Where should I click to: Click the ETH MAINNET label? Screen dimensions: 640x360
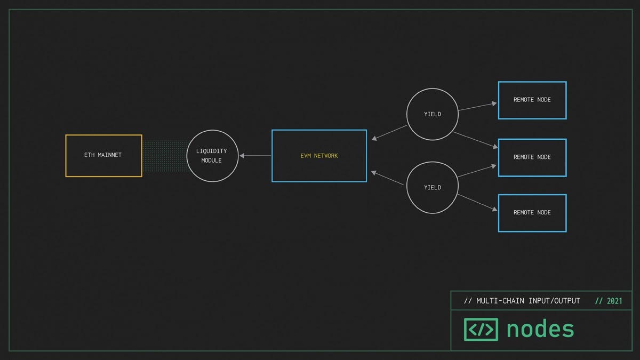point(103,155)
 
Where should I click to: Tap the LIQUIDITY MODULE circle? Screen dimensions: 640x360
point(187,156)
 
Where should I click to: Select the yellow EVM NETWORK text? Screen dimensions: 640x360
point(319,156)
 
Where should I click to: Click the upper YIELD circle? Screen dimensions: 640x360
point(407,114)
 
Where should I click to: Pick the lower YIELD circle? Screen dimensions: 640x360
point(407,188)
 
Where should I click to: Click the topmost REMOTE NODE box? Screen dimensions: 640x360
point(499,100)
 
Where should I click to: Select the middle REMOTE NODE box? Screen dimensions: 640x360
point(499,158)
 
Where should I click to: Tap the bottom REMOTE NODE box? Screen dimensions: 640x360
point(499,213)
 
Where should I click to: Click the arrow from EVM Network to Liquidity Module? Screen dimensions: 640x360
point(255,156)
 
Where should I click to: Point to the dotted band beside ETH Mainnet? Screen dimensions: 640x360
point(165,156)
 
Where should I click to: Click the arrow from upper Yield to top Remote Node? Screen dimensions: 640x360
point(478,107)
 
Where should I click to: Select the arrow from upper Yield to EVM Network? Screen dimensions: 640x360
point(389,133)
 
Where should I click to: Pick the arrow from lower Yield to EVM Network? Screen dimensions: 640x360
point(387,178)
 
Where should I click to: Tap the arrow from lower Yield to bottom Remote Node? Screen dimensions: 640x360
point(477,203)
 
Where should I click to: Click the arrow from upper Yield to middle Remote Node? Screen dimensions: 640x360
point(476,140)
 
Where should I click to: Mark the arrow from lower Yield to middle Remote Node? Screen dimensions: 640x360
point(477,171)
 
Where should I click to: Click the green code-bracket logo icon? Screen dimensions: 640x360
point(481,330)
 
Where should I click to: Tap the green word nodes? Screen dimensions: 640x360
point(540,329)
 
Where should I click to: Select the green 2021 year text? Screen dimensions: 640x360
point(614,301)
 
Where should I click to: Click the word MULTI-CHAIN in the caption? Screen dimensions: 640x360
point(500,301)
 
